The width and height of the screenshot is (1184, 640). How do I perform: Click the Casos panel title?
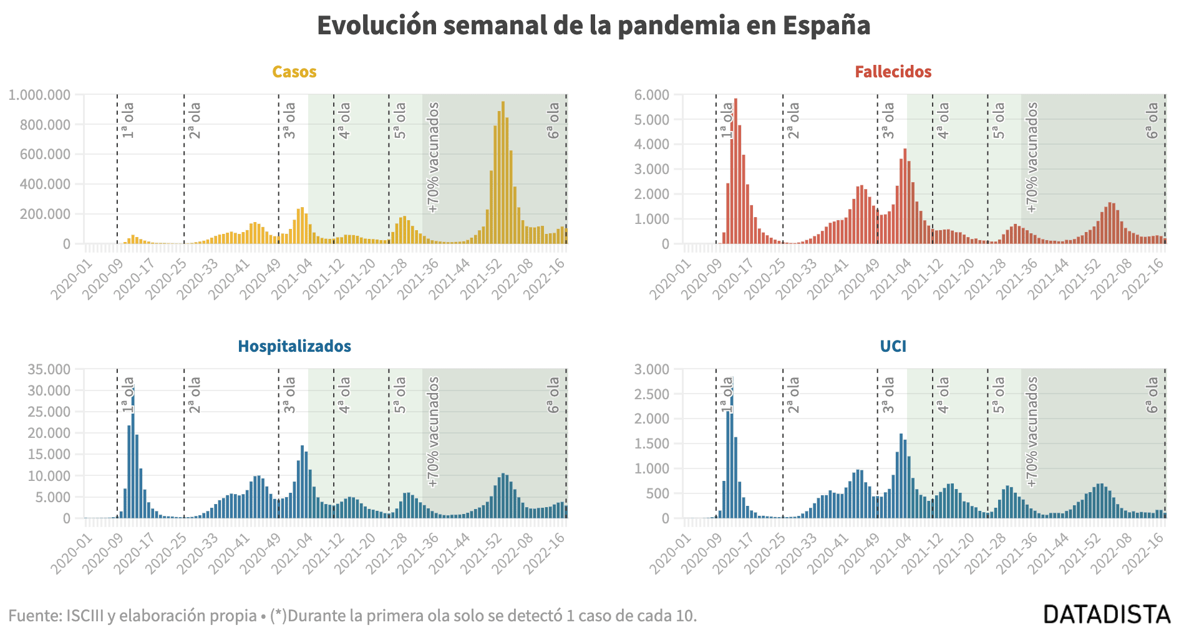pyautogui.click(x=294, y=72)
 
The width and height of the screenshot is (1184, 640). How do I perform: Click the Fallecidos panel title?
pyautogui.click(x=893, y=72)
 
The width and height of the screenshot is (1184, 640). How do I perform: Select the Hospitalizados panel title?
pyautogui.click(x=294, y=347)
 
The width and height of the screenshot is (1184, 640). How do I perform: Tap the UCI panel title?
pyautogui.click(x=893, y=347)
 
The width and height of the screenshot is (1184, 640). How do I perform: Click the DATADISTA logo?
pyautogui.click(x=1107, y=614)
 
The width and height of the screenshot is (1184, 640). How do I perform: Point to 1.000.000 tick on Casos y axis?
pyautogui.click(x=40, y=95)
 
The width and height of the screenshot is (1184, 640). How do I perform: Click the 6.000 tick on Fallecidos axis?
pyautogui.click(x=651, y=95)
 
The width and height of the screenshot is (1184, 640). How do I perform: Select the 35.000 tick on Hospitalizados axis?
pyautogui.click(x=49, y=369)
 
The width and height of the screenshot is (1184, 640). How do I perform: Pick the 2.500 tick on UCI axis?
pyautogui.click(x=651, y=394)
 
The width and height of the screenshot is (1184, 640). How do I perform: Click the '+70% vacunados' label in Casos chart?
pyautogui.click(x=434, y=158)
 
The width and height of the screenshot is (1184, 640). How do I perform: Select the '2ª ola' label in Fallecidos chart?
pyautogui.click(x=793, y=120)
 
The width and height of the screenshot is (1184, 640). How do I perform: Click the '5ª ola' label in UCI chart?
pyautogui.click(x=999, y=395)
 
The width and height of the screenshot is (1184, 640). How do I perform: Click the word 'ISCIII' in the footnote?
pyautogui.click(x=85, y=616)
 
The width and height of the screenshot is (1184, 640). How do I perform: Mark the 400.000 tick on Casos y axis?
pyautogui.click(x=45, y=185)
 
